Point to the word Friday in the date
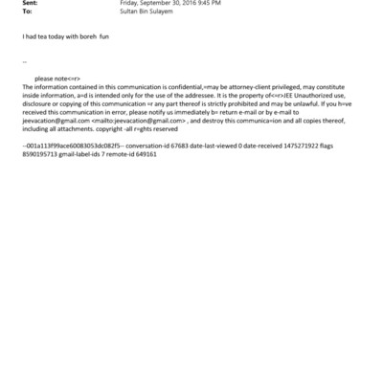coord(129,4)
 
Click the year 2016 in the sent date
coord(190,4)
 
